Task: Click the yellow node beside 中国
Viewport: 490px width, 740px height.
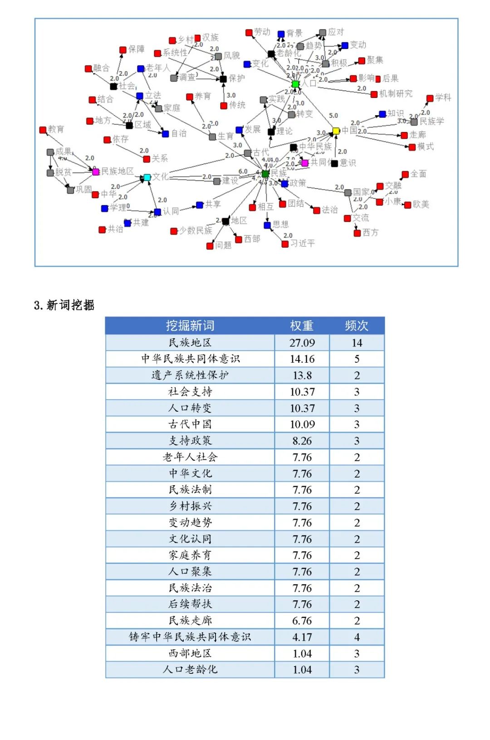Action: point(336,131)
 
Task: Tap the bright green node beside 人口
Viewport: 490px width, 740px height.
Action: point(295,84)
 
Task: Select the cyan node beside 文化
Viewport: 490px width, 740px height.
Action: point(147,177)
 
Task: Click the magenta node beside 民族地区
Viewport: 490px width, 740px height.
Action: point(96,172)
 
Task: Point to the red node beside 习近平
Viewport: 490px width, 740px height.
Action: point(285,244)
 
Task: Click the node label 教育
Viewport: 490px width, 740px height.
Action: point(56,129)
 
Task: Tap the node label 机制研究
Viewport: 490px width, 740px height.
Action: point(396,93)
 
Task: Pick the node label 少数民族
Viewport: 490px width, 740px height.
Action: point(196,230)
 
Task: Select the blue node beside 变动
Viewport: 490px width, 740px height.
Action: point(345,45)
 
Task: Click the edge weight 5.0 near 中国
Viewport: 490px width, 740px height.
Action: point(333,116)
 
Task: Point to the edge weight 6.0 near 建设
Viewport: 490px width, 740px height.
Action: point(243,171)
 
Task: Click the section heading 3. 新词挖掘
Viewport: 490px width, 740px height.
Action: point(64,305)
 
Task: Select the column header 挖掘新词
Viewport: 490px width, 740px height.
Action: point(190,326)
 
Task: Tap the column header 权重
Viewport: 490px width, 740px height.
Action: point(302,326)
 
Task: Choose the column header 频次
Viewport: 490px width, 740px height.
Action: point(357,326)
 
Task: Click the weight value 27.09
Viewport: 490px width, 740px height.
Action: point(302,343)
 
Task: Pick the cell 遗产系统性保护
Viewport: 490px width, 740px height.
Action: point(190,375)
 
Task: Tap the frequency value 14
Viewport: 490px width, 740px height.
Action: point(357,343)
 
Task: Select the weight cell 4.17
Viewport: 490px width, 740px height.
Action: point(302,637)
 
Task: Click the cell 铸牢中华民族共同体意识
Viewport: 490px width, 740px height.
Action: point(190,637)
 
